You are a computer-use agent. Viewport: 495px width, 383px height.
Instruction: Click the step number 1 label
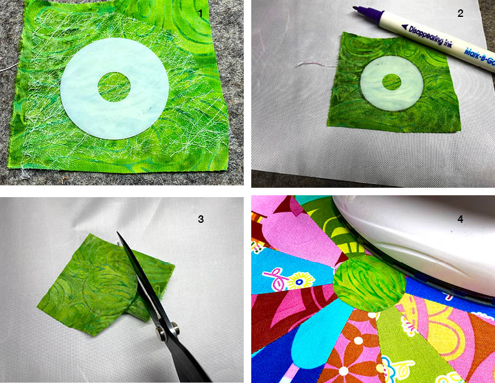[199, 13]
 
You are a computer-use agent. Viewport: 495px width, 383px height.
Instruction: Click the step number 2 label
[460, 13]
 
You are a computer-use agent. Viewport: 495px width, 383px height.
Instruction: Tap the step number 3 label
[201, 219]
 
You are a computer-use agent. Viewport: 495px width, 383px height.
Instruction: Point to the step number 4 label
[460, 219]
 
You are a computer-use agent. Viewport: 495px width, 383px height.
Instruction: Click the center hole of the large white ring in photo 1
[114, 87]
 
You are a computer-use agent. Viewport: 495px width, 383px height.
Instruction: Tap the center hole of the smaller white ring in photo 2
[391, 82]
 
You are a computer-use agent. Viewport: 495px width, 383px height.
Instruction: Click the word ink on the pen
[448, 44]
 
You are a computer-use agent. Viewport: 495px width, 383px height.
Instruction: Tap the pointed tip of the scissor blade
[117, 233]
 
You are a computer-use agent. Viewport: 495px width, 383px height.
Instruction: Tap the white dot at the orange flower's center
[358, 340]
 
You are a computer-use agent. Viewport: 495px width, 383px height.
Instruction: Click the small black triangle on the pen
[405, 27]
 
